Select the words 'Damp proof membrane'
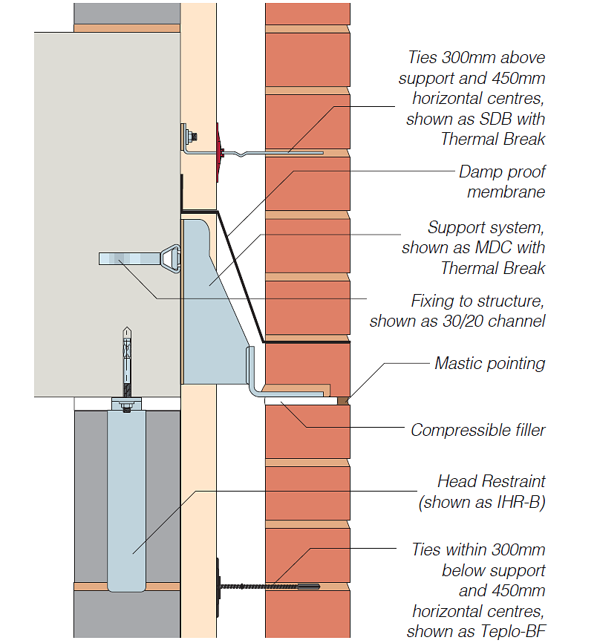[502, 182]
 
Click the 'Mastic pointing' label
[490, 363]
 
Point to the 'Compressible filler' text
[478, 430]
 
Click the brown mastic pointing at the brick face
[343, 400]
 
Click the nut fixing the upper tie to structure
[192, 137]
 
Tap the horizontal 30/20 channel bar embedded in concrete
[126, 258]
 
